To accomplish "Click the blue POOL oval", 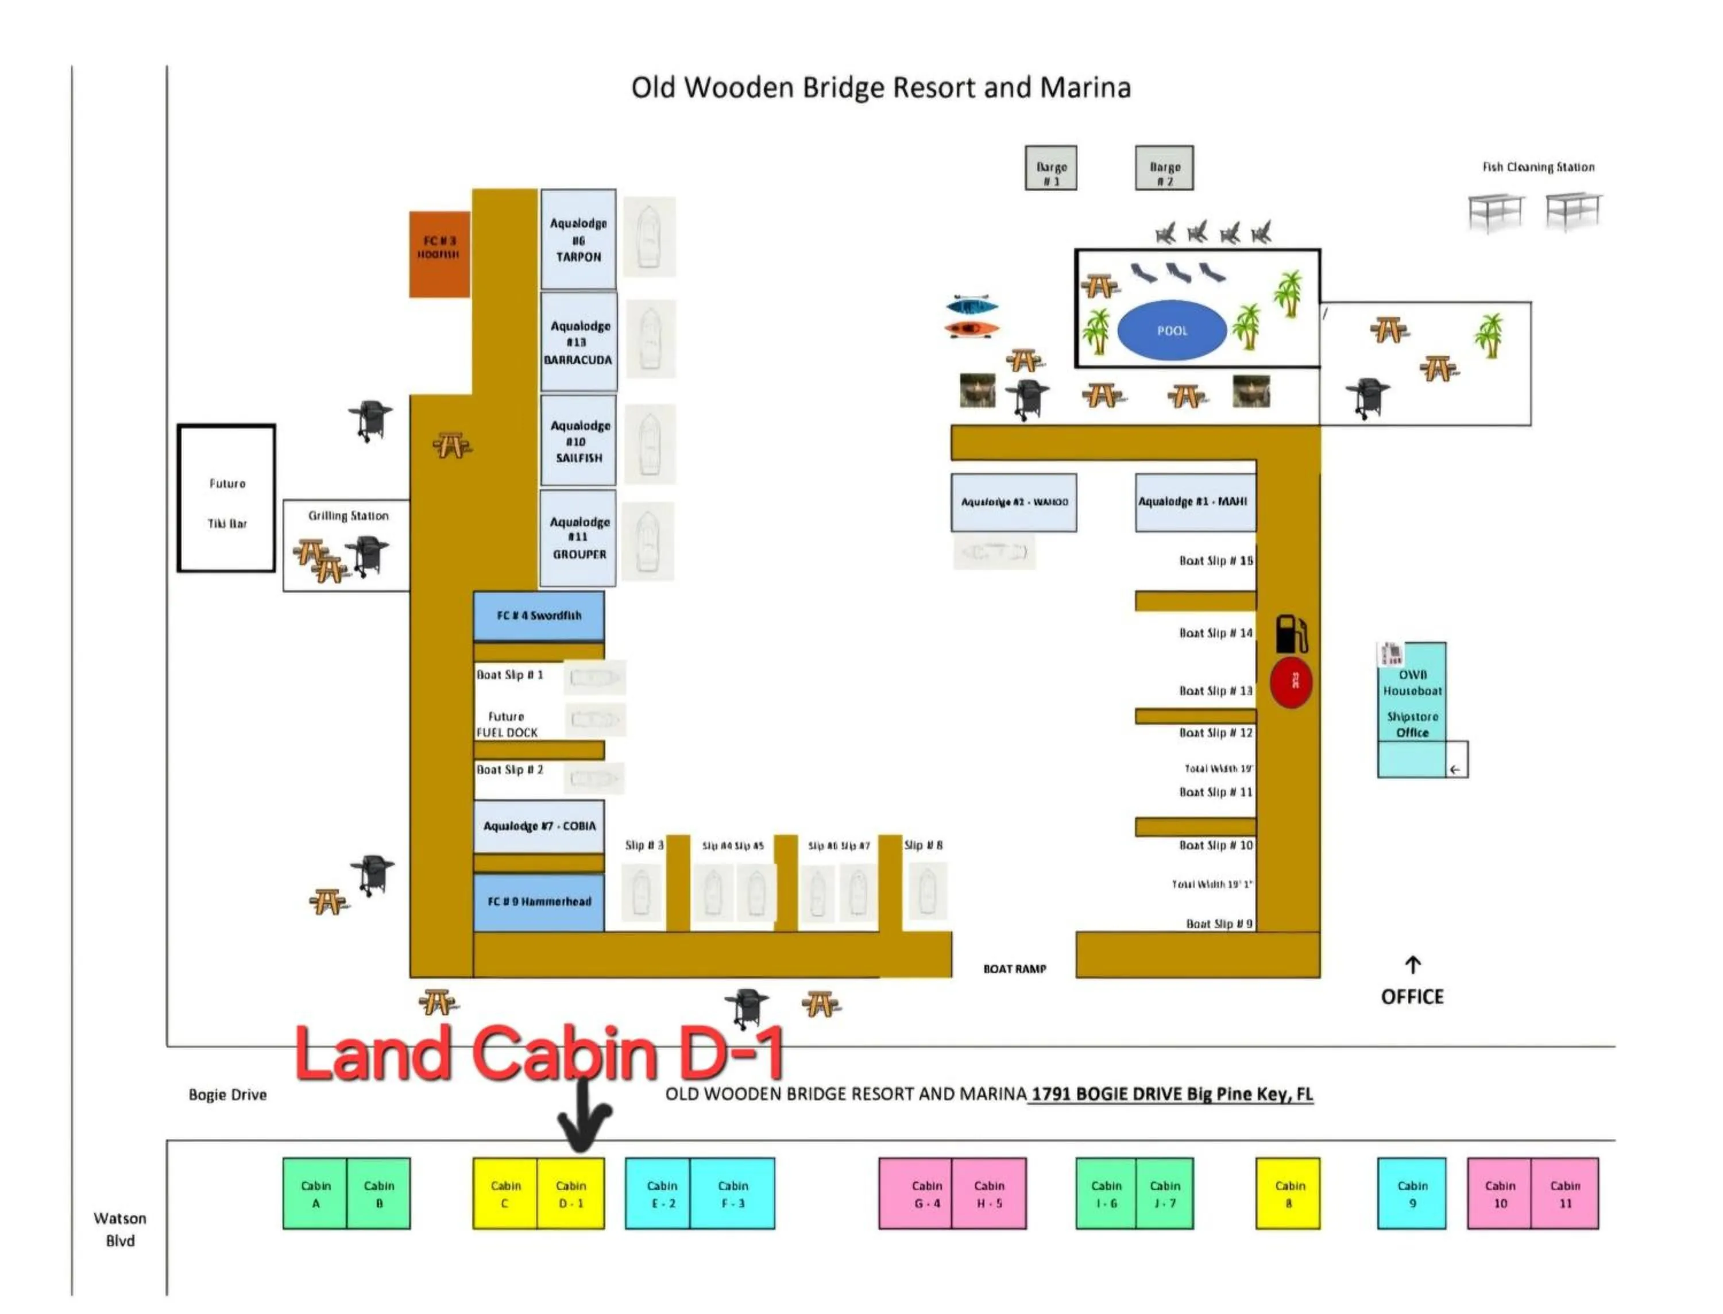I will (x=1171, y=330).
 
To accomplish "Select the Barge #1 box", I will (x=1050, y=168).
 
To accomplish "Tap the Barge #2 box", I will (x=1164, y=168).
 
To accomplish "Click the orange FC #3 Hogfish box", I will (x=439, y=254).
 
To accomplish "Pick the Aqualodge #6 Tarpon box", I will (x=578, y=239).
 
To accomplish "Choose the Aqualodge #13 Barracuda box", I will (x=579, y=342).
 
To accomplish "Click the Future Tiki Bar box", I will (x=227, y=499).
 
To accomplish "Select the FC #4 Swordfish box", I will (x=538, y=616).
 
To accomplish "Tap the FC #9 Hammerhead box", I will (x=538, y=902).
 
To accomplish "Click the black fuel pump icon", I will (x=1291, y=633).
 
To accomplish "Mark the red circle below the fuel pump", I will (x=1291, y=683).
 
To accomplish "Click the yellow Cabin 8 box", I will (x=1287, y=1193).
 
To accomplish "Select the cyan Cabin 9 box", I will (x=1411, y=1193).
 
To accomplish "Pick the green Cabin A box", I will (x=315, y=1193).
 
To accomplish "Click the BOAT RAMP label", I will (x=1014, y=969).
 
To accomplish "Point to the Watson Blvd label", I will (x=119, y=1229).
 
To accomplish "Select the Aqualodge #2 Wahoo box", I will (x=1013, y=502).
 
